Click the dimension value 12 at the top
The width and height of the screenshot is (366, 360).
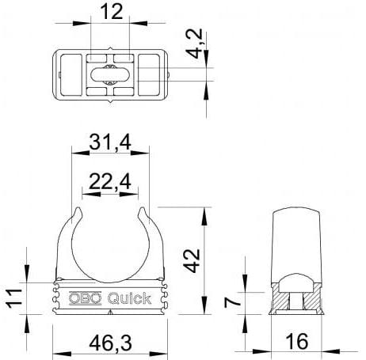112,13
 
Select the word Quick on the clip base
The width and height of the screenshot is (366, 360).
125,298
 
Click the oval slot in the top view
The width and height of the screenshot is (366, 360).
112,75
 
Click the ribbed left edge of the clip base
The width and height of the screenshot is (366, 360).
58,297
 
